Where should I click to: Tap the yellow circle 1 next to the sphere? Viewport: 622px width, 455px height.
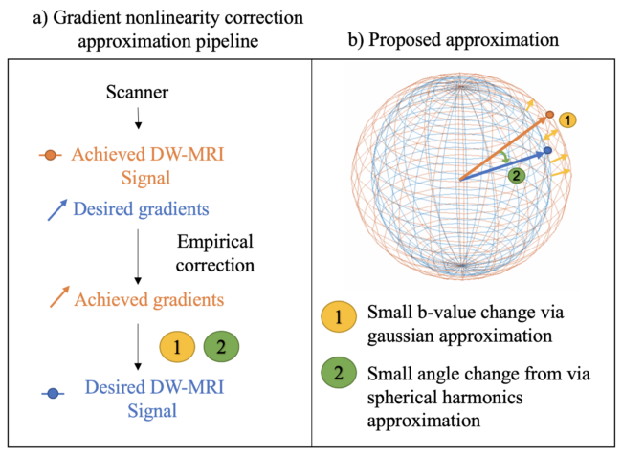coord(568,119)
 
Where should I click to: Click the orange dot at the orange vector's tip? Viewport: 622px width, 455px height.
coord(550,116)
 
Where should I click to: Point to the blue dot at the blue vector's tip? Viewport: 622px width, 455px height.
coord(546,151)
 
